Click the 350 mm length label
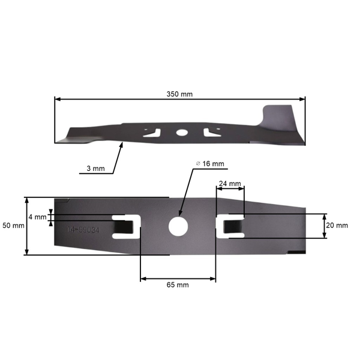[179, 95]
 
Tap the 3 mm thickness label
[95, 169]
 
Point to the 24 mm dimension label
[230, 183]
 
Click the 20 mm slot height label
[336, 226]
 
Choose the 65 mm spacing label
[178, 285]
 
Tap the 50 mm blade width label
[13, 226]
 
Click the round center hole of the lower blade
[178, 226]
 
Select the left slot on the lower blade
[128, 226]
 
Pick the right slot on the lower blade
[230, 226]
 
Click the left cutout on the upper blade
[154, 132]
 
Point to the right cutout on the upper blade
[208, 132]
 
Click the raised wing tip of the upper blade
[282, 114]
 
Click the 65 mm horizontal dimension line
[178, 278]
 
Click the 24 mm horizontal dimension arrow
[230, 189]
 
